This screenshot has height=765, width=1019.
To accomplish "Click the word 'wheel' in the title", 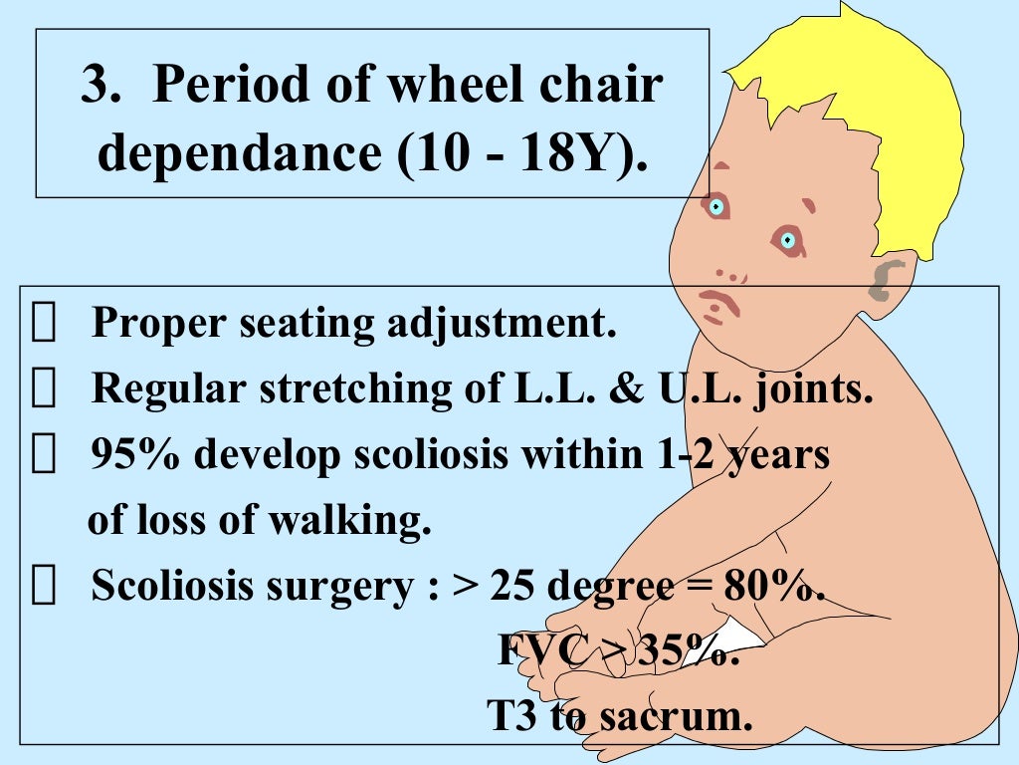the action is coord(444,87).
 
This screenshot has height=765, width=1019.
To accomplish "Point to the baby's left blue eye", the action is coord(715,207).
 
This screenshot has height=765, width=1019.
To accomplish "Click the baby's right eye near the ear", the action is coord(787,239).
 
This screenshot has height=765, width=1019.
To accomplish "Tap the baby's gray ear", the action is coord(886,280).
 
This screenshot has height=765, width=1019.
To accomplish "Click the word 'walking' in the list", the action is coord(360,521).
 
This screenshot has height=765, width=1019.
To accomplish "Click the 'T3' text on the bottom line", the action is coord(511,715).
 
